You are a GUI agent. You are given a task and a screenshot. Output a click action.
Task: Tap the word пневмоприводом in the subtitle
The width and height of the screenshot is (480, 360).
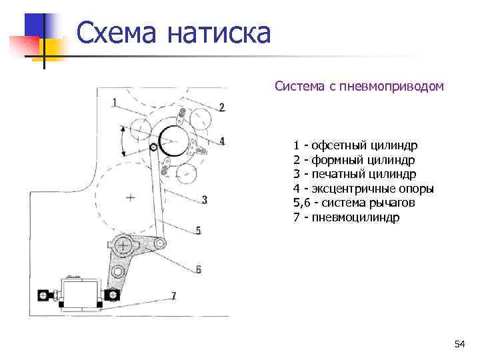click(x=391, y=86)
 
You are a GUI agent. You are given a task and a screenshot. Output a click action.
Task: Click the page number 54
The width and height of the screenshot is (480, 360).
click(x=459, y=344)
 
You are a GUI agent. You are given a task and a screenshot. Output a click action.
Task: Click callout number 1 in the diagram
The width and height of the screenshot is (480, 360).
click(x=115, y=102)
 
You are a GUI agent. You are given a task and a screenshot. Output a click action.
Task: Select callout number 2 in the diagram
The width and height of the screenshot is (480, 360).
click(x=221, y=107)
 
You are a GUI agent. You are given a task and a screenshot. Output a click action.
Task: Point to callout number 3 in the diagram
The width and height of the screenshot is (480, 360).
click(x=204, y=199)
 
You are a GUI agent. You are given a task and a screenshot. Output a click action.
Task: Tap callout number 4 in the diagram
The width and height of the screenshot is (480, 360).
click(x=222, y=141)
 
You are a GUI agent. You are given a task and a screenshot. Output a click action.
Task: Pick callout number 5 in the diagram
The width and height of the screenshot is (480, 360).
click(x=198, y=230)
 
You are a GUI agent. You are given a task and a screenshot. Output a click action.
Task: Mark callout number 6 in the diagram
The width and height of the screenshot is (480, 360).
click(x=198, y=269)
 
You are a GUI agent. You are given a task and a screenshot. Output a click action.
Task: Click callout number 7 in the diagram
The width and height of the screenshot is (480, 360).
click(x=173, y=295)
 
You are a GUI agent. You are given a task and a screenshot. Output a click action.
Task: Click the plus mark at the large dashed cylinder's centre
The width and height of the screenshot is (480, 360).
click(x=130, y=197)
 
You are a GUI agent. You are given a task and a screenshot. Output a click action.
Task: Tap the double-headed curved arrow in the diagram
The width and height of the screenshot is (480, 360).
click(x=123, y=141)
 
